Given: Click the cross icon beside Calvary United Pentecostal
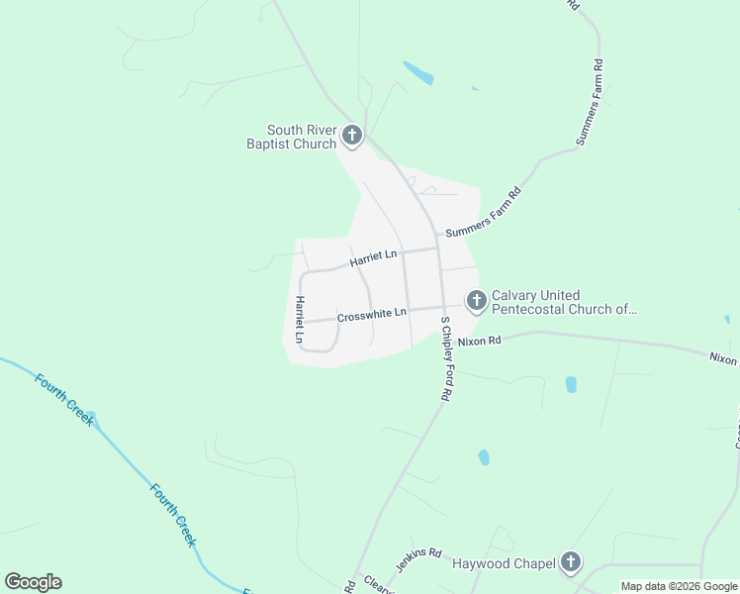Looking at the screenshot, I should pos(477,299).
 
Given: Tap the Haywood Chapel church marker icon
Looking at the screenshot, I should pos(570,563).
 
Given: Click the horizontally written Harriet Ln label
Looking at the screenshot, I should pos(373,259).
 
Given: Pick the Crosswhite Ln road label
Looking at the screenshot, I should pos(372,316).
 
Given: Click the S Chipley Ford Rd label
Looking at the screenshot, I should pos(446,358).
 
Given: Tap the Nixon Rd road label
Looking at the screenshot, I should pos(481,341).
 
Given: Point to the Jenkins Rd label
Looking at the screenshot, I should pos(419,555).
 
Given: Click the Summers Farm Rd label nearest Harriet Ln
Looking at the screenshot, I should pos(483,214).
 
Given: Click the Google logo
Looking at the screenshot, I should pos(33,582).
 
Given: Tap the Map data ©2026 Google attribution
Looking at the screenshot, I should pos(680,586).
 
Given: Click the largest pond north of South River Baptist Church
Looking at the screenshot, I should pos(417,73).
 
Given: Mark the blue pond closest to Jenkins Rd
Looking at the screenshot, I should pos(483,457).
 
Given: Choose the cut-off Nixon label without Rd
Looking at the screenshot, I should pos(724,359).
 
